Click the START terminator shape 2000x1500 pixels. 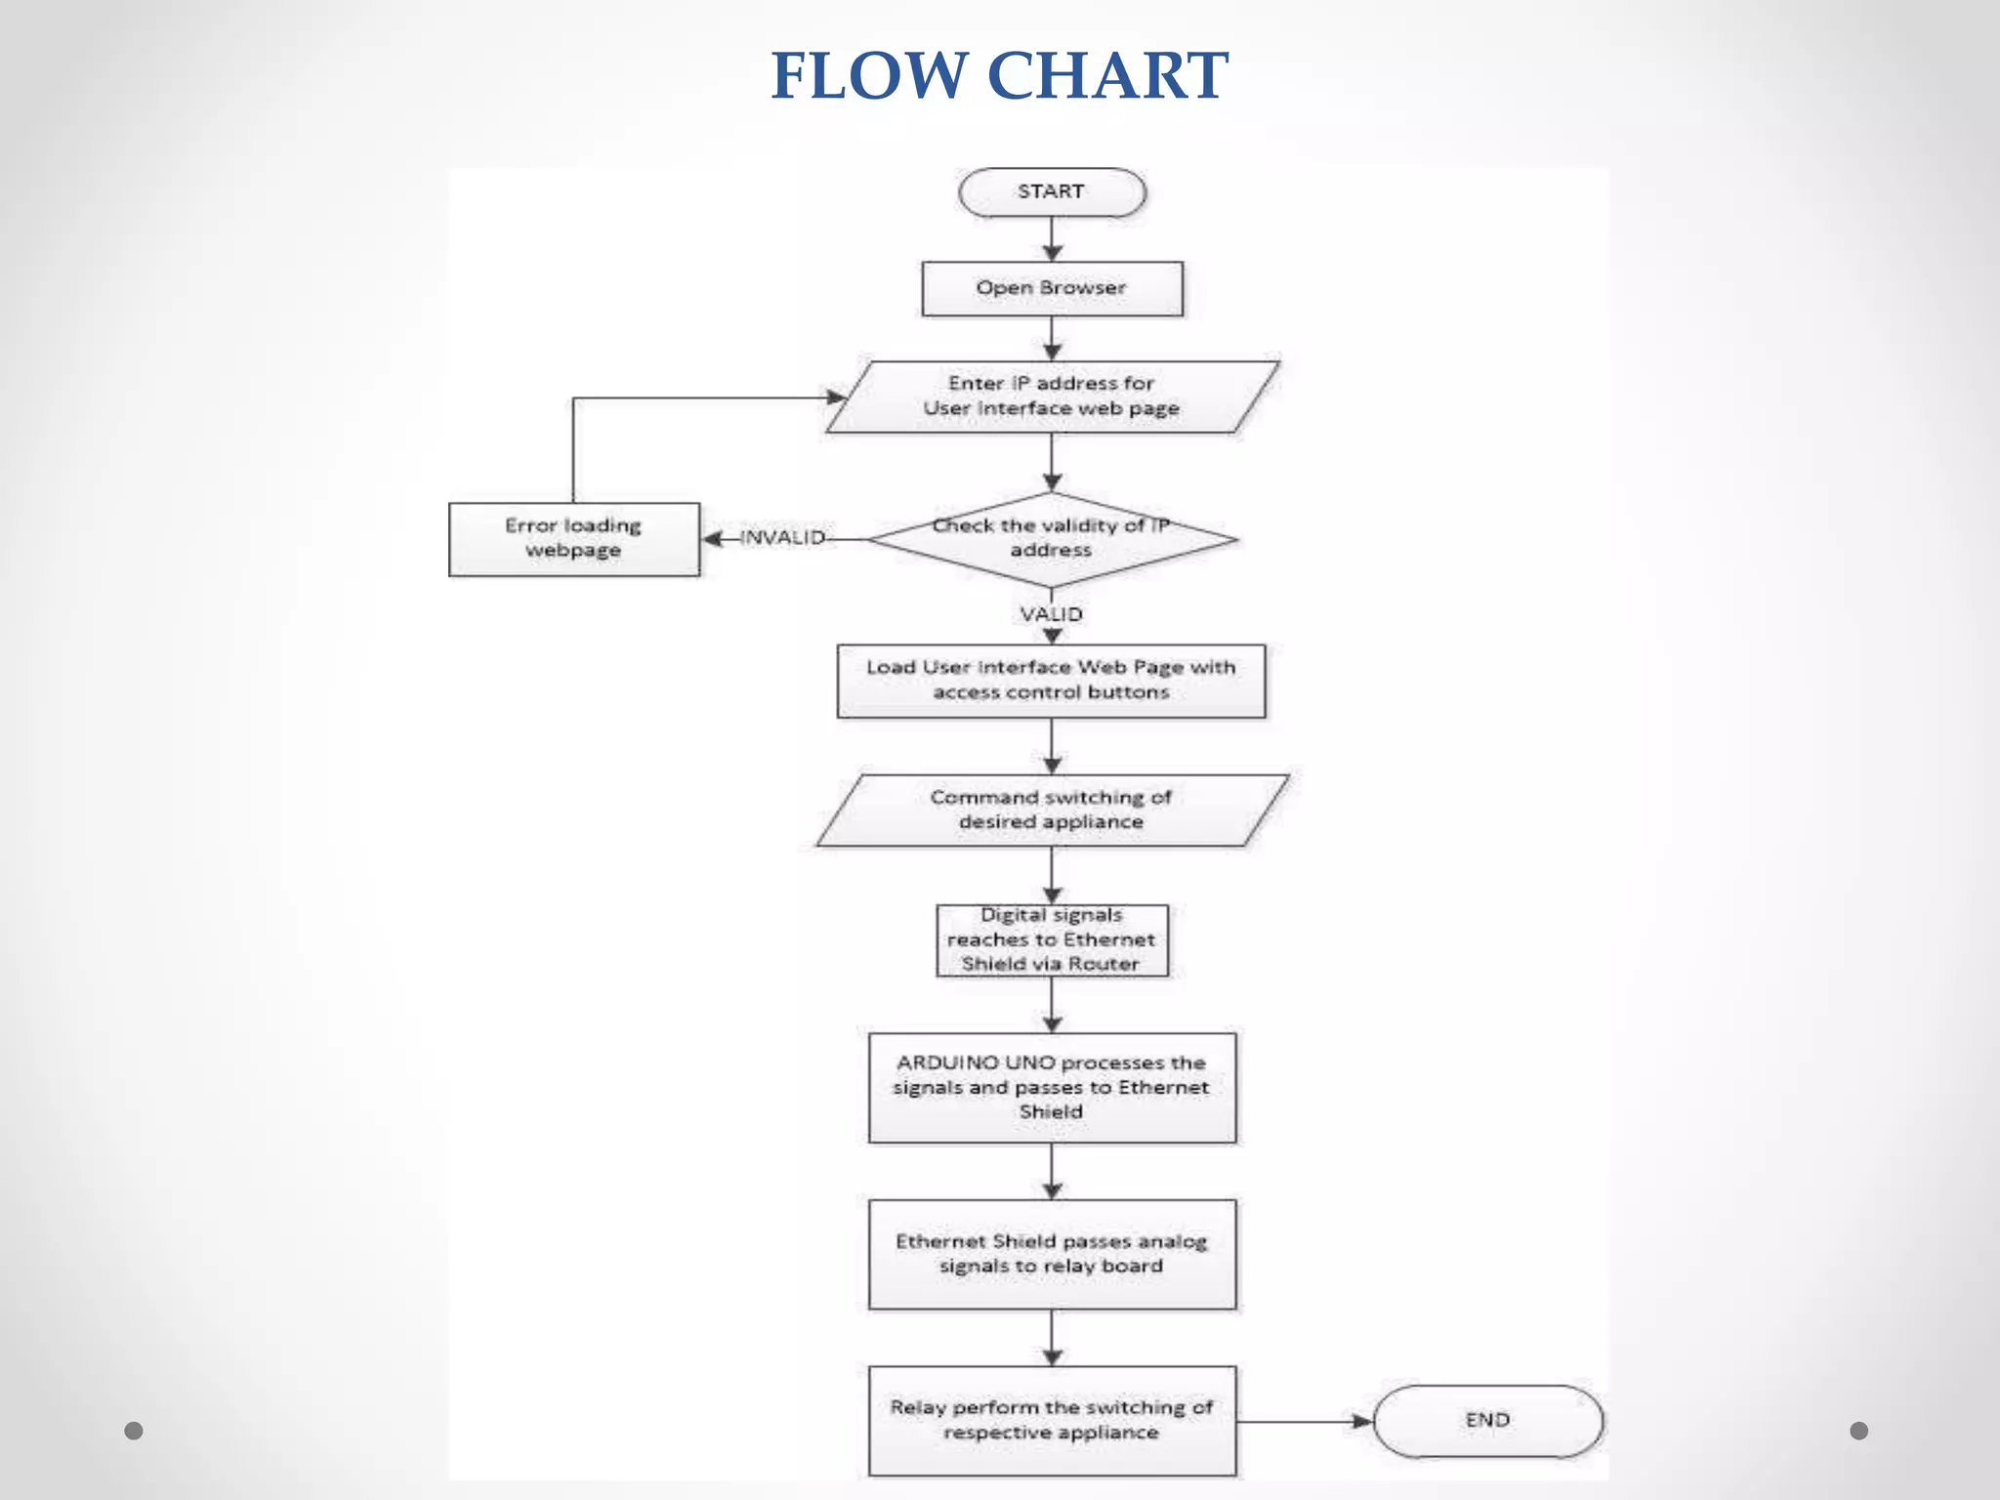coord(1051,191)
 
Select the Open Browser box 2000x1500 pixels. coord(1052,288)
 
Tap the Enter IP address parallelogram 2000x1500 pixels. coord(1052,396)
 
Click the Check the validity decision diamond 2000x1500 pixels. coord(1052,538)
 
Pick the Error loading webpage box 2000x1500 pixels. coord(573,539)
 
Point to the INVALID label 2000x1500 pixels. coord(782,538)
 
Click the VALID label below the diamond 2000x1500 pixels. coord(1052,614)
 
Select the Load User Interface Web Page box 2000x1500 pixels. coord(1052,681)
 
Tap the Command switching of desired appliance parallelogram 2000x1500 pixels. coord(1052,810)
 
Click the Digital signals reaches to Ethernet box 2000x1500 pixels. coord(1052,939)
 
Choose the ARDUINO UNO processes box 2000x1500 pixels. coord(1052,1087)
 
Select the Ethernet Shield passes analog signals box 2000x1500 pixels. coord(1052,1254)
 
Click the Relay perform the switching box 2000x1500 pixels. coord(1052,1420)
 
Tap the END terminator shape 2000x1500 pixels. coord(1487,1421)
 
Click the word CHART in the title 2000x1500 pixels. coord(1107,76)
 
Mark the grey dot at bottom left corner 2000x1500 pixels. coord(134,1431)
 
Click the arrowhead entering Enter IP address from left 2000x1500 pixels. coord(836,397)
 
